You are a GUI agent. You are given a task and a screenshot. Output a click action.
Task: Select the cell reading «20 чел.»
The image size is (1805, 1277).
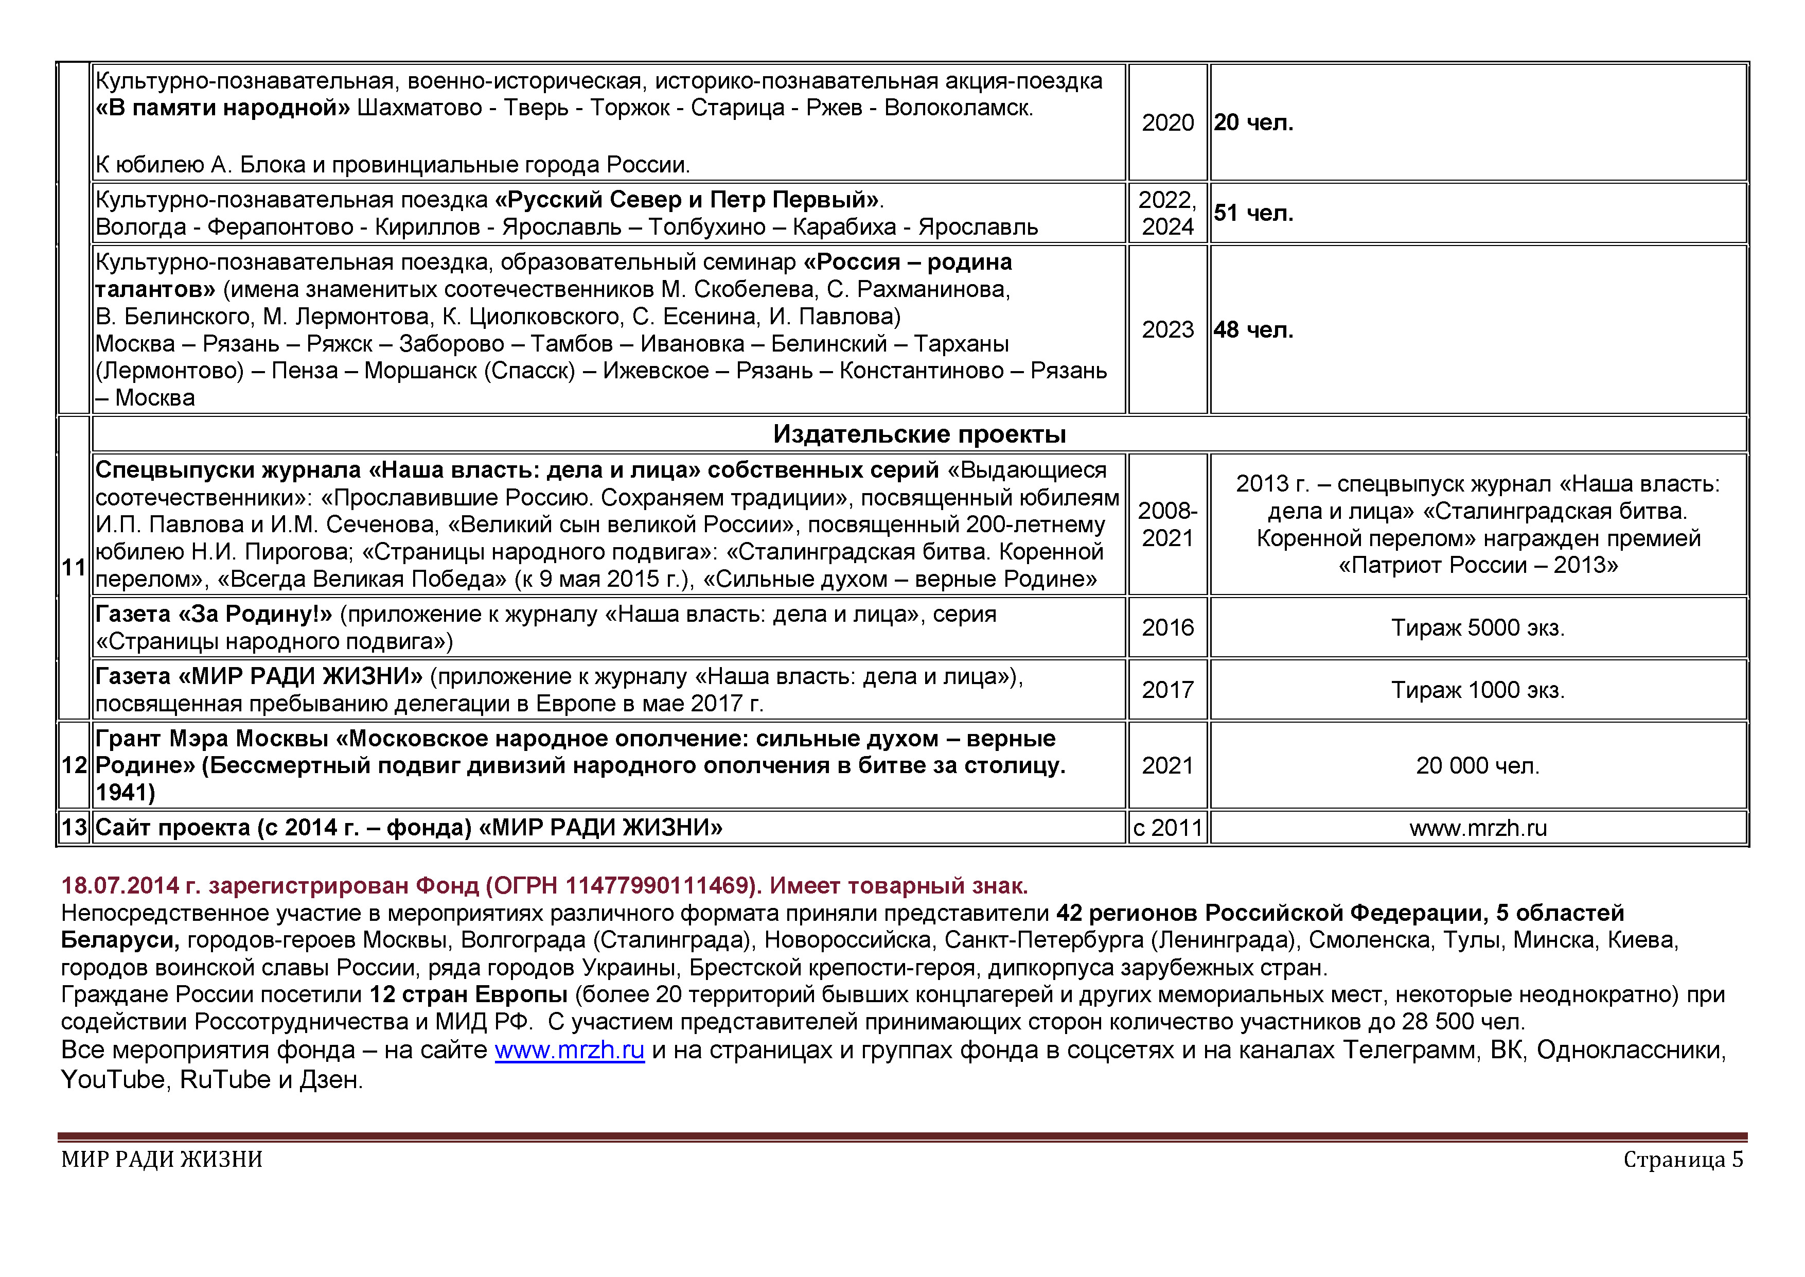pos(1253,123)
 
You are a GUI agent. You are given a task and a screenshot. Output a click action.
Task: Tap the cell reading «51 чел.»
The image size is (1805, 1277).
pos(1253,213)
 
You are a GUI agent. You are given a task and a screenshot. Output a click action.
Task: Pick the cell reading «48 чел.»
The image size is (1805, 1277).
pos(1253,329)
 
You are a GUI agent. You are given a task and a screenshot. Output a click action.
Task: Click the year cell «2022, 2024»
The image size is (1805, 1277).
pos(1167,213)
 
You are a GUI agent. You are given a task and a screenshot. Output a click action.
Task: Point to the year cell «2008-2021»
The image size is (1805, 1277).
pos(1167,524)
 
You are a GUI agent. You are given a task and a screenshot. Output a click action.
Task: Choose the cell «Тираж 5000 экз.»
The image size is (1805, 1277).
pos(1477,627)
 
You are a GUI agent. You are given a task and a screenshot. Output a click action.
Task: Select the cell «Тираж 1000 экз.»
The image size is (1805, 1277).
pos(1477,690)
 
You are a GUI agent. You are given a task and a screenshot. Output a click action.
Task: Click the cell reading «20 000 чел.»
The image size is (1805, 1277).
pos(1477,765)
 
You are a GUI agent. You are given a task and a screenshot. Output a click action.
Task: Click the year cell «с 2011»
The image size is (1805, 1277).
pos(1167,827)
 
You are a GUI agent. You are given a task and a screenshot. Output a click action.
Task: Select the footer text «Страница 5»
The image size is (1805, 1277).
pos(1683,1159)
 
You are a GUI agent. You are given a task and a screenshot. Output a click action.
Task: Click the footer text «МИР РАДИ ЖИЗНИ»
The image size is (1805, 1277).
pos(162,1159)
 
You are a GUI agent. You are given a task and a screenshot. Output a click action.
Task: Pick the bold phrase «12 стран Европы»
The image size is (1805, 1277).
pos(469,995)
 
